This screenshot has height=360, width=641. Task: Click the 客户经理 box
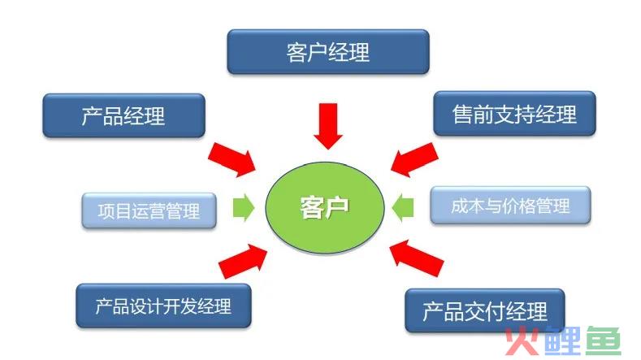coord(328,51)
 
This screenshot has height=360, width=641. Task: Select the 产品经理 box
coord(123,115)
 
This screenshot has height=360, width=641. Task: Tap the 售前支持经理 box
coord(515,113)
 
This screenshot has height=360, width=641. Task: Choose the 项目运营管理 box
coord(149,210)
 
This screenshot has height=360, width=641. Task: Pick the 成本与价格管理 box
coord(510,206)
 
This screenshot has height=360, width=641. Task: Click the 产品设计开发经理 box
coord(163,306)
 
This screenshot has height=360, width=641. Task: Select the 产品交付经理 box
coord(485,311)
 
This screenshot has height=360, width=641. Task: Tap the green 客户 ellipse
coord(325,207)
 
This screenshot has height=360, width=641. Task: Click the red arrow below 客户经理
coord(328,126)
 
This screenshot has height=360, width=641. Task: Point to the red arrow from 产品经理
coord(232,159)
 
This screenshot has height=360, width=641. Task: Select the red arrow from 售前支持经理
coord(414,159)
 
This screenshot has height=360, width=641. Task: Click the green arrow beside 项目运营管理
coord(244,207)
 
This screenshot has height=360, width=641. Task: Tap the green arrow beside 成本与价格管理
coord(403,207)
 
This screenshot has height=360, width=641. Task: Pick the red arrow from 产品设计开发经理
coord(243,261)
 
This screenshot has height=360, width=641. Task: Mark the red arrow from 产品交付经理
coord(416,258)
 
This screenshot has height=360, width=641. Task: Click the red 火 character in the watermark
coord(523,340)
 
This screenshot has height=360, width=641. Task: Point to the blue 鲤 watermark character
coord(563,340)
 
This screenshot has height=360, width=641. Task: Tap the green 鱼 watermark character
coord(604,340)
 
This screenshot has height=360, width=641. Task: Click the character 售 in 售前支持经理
coord(462,114)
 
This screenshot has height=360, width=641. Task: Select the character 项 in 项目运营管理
coord(106,211)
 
